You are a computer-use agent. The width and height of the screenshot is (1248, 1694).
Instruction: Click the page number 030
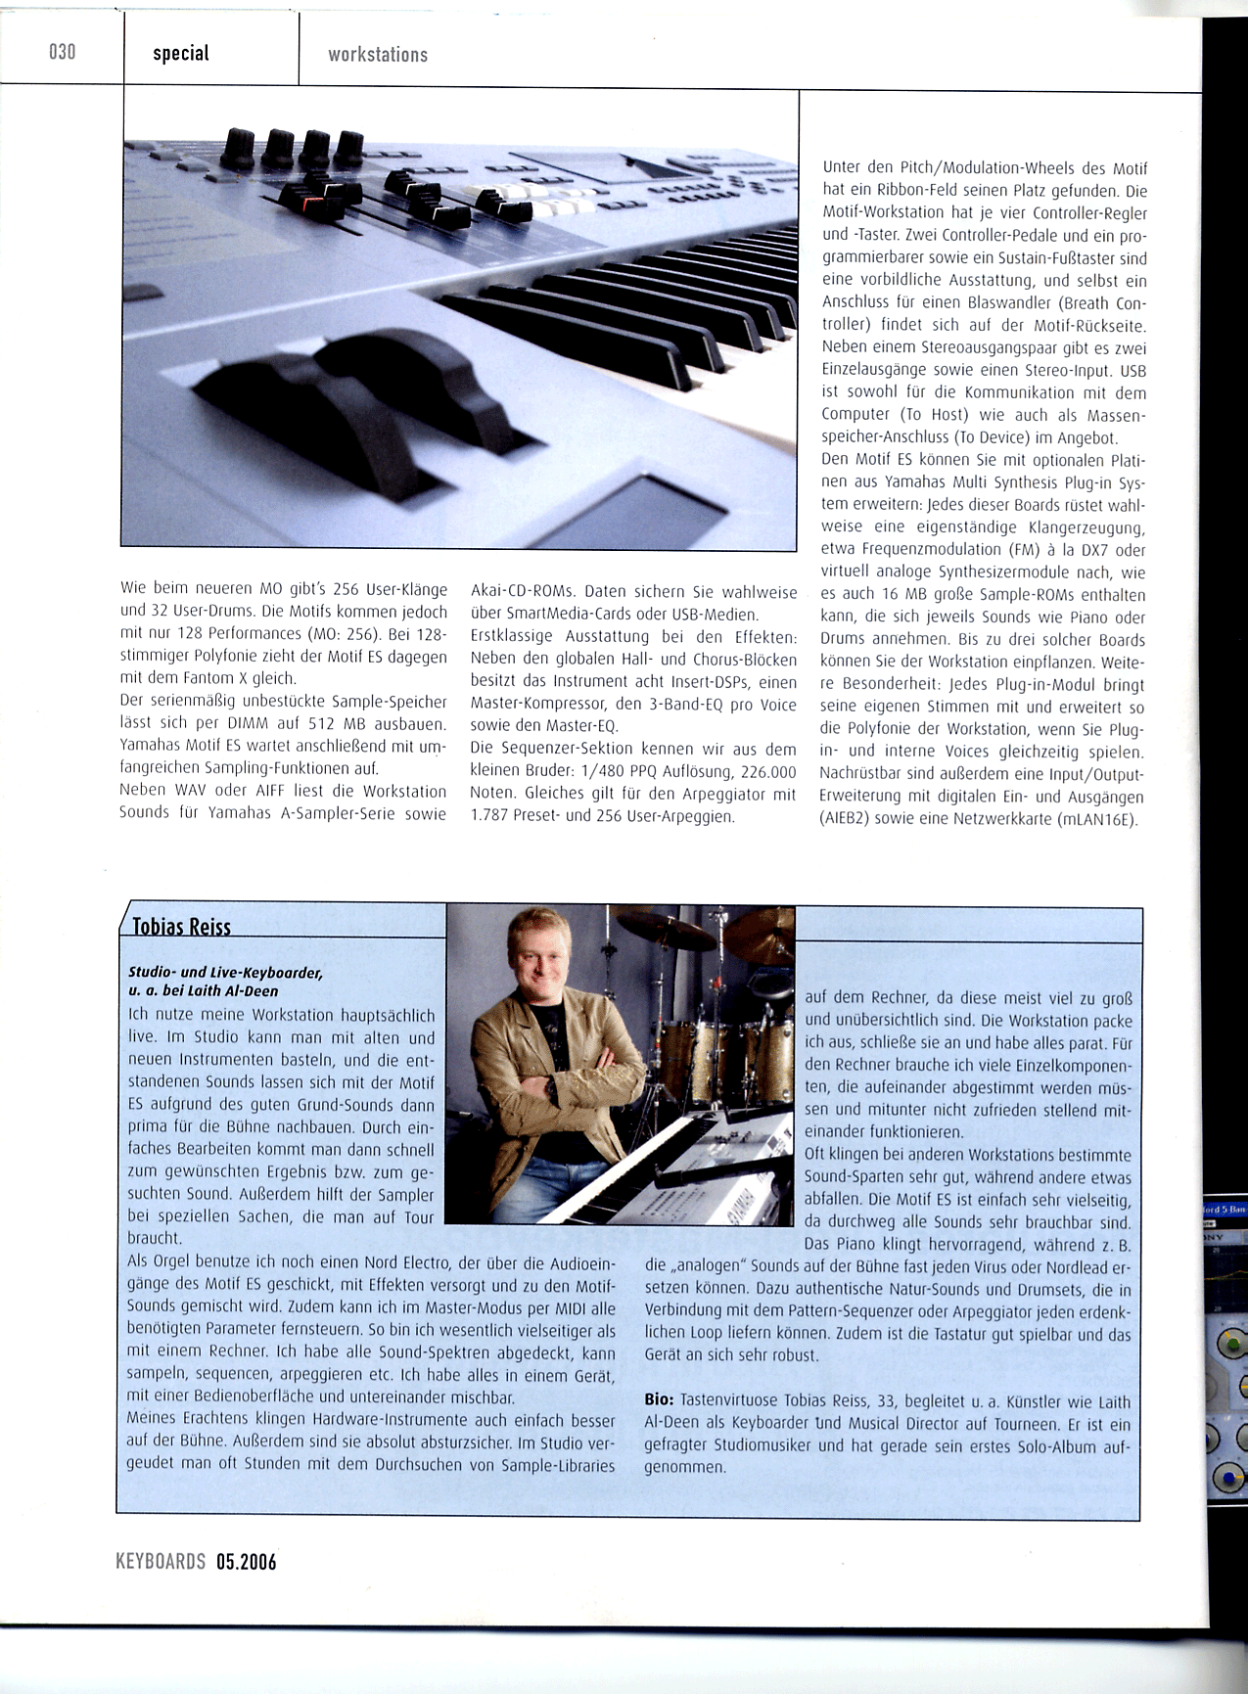(x=62, y=52)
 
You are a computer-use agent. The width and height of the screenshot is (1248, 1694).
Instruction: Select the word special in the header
(x=181, y=53)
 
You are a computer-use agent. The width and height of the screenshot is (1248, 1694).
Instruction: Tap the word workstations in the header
(x=378, y=55)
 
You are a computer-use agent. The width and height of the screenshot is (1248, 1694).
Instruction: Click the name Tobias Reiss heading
(x=181, y=926)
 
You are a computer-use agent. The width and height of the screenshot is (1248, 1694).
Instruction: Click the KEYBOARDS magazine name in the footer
(x=161, y=1562)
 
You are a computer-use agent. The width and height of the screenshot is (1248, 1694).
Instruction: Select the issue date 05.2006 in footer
(x=246, y=1562)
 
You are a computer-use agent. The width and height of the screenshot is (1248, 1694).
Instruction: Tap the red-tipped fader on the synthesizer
(x=302, y=196)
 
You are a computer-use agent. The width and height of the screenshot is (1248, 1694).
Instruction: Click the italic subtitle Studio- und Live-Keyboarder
(x=225, y=973)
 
